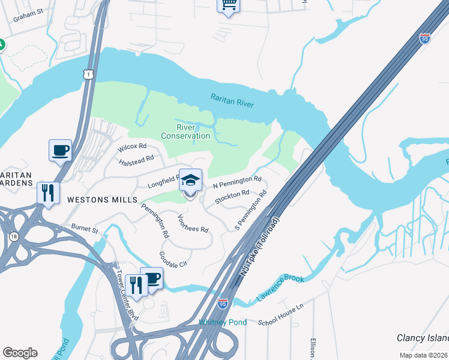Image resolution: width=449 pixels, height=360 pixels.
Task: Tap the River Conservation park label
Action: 185,131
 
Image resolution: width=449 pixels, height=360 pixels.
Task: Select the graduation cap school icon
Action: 190,181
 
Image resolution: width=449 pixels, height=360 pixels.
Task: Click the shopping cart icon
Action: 228,5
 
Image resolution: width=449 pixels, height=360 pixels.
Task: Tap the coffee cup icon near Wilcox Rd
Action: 61,151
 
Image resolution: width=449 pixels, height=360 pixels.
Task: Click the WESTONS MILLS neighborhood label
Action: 103,199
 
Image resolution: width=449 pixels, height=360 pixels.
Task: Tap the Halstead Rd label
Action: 136,160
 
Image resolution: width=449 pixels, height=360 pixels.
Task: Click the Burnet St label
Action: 84,229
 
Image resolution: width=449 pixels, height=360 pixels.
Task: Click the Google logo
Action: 20,353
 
